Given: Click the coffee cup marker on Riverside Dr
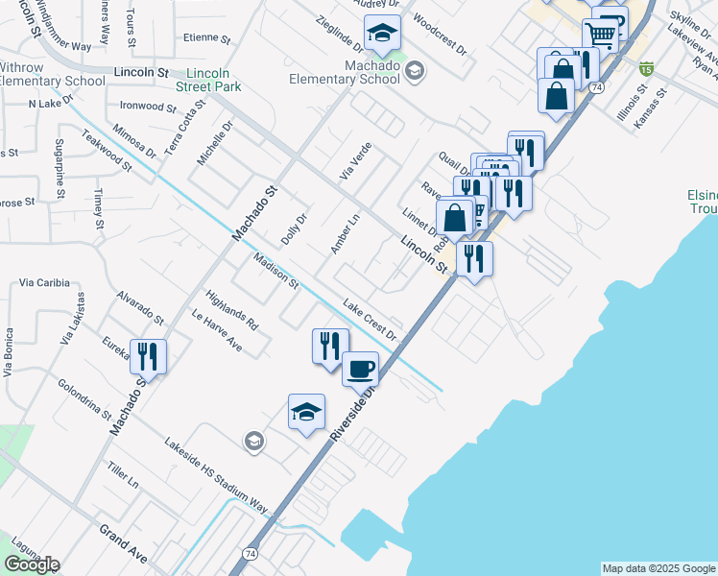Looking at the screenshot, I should point(361,368).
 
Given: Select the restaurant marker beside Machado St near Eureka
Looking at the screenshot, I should point(148,356).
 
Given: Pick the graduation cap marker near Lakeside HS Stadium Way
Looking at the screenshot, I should point(306,412).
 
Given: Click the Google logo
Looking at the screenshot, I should point(32,564).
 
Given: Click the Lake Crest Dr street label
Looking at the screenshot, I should point(370,318).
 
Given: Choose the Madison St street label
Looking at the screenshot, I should point(276,271).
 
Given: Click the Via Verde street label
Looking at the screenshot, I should point(354,161).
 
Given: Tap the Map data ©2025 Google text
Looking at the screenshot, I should point(658,568).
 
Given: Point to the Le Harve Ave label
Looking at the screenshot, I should point(216,329).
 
